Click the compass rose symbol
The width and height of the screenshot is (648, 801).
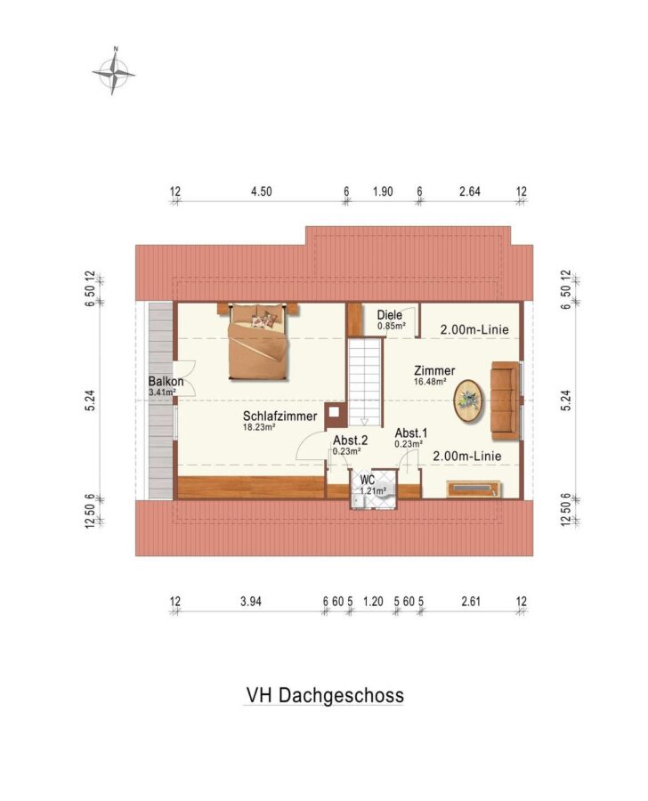[114, 72]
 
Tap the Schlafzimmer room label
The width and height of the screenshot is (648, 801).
[280, 416]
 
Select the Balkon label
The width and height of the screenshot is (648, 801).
[166, 381]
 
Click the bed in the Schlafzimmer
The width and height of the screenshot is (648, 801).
[257, 341]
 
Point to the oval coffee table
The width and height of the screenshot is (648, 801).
[468, 400]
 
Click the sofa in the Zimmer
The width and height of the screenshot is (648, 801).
[505, 400]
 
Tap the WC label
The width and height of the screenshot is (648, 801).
[368, 481]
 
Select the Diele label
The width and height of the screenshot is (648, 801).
[389, 315]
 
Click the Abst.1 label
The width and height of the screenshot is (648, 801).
[411, 433]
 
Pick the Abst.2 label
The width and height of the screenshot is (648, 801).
[350, 441]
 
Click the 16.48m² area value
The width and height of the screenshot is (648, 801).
[430, 381]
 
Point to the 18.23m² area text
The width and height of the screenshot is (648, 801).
[259, 427]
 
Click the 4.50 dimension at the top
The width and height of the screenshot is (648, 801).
[261, 191]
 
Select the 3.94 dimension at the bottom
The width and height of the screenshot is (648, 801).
[251, 602]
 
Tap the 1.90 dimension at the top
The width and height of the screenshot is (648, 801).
[383, 191]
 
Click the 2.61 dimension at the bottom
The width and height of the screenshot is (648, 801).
[471, 602]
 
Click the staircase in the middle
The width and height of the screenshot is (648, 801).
[365, 382]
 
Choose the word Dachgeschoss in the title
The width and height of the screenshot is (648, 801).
[342, 695]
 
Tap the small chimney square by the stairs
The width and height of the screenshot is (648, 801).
[334, 412]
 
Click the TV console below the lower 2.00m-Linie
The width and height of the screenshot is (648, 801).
[474, 489]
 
